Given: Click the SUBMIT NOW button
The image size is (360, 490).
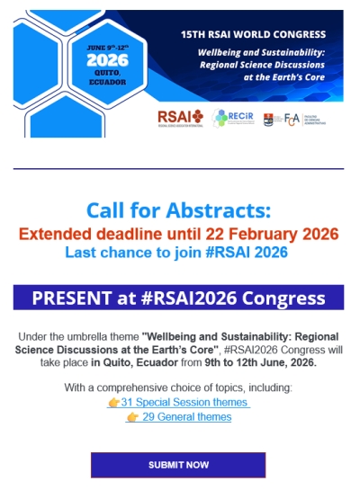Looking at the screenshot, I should click(x=178, y=465).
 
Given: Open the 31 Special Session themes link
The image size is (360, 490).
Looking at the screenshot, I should click(x=184, y=402).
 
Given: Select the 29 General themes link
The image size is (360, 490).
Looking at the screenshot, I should click(x=185, y=417).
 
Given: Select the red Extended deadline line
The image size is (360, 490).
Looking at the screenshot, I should click(x=178, y=234).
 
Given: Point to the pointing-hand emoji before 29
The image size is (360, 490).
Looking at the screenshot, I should click(x=133, y=417).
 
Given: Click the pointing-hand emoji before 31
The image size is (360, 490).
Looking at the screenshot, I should click(x=113, y=402).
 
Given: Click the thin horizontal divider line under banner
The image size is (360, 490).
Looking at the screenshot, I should click(x=178, y=168).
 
